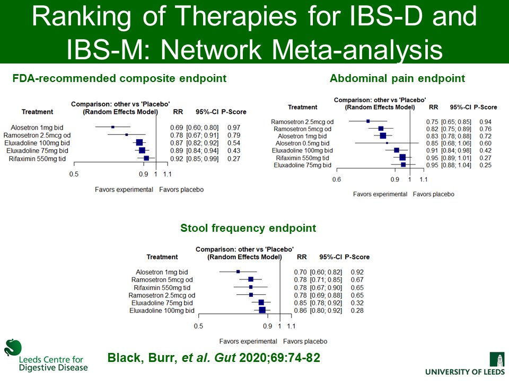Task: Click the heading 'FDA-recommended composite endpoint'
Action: coord(119,79)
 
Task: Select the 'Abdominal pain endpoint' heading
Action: coord(397,79)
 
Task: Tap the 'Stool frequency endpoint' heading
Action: coord(248,229)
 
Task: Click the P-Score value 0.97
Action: coord(233,128)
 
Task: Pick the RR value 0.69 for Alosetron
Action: coord(176,128)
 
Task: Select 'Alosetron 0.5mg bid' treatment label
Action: coord(304,143)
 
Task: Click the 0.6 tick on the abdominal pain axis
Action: coord(336,180)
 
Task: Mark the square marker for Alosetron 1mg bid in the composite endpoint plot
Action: coord(113,127)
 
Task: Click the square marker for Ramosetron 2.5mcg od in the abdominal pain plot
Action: coord(368,121)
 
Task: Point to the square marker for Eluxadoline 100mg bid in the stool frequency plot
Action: coord(262,310)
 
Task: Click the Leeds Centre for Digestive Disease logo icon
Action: coord(13,348)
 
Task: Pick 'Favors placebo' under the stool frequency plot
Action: coord(305,341)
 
